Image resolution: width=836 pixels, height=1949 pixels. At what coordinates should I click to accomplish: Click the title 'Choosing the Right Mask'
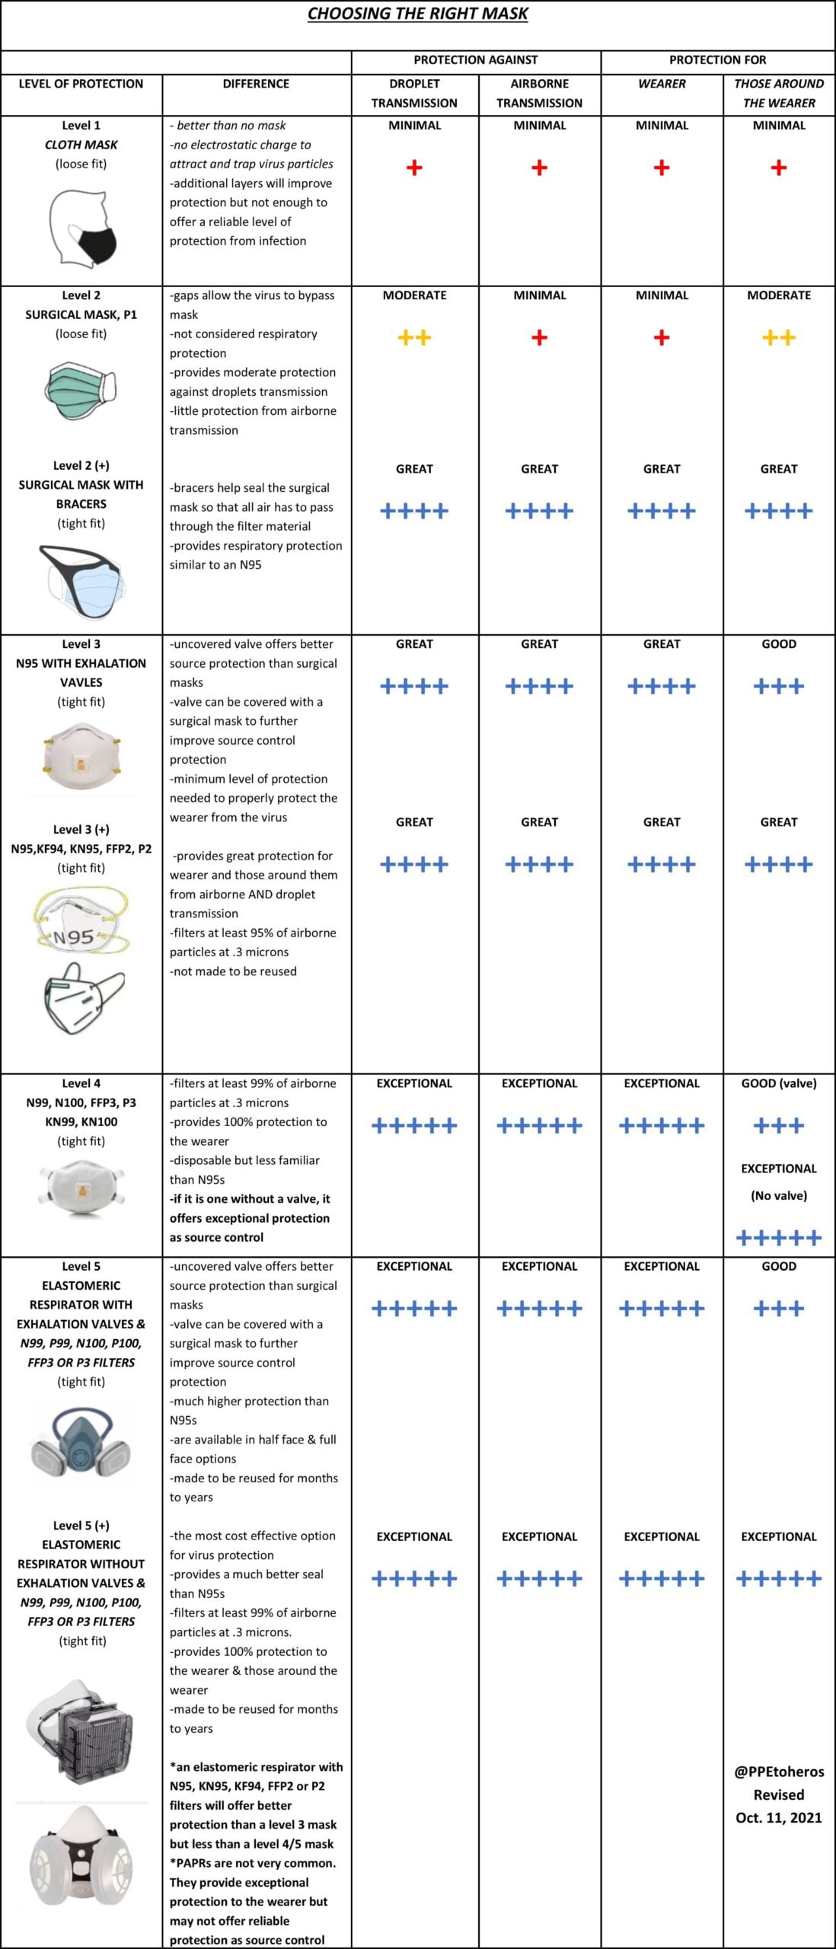(x=417, y=14)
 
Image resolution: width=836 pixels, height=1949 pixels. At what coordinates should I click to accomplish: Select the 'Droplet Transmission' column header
(x=414, y=93)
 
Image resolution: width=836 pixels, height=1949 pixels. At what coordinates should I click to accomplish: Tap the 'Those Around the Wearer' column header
(x=778, y=93)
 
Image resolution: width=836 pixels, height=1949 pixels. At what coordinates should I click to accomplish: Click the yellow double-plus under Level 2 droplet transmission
(x=414, y=338)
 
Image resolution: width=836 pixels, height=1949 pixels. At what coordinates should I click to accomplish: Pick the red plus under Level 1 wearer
(x=662, y=168)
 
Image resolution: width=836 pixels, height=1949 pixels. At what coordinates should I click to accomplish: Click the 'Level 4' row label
(x=81, y=1083)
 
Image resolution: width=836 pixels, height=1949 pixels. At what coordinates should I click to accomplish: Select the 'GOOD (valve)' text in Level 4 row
(x=778, y=1083)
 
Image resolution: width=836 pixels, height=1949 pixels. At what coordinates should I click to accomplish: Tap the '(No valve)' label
(x=778, y=1195)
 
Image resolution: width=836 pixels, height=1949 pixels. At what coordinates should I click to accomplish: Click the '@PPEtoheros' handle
(x=778, y=1772)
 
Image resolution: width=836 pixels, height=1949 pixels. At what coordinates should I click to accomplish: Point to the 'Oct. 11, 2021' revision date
(x=778, y=1817)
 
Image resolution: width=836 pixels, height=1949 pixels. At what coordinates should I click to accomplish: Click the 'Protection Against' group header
(x=475, y=60)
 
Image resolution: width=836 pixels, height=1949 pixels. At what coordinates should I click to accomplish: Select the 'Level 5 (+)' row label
(x=81, y=1526)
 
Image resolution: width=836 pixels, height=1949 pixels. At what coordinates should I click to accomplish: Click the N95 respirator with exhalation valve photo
(x=81, y=757)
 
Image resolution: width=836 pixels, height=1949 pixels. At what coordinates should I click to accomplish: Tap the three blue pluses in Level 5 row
(x=778, y=1309)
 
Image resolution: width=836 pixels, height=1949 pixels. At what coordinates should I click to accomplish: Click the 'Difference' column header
(x=256, y=84)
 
